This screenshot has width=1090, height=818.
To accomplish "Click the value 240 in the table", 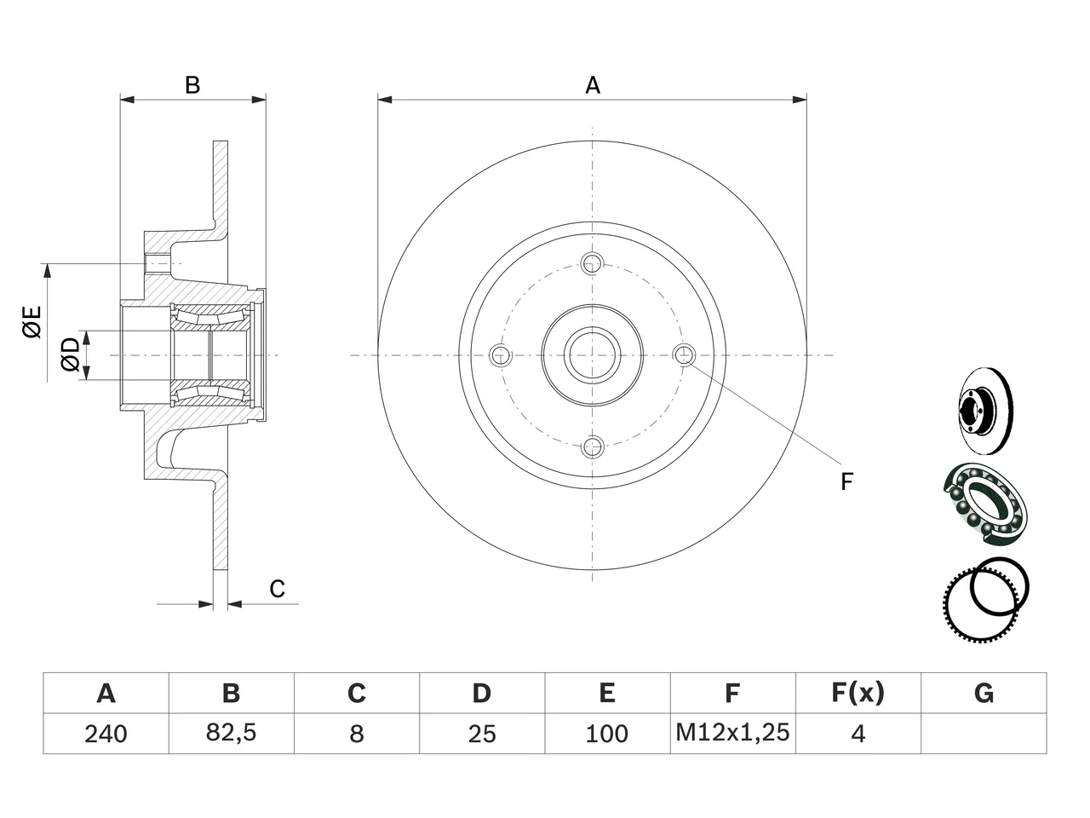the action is [106, 734].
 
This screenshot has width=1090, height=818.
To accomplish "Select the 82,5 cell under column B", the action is [231, 733].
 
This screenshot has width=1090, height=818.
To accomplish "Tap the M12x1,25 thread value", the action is [732, 732].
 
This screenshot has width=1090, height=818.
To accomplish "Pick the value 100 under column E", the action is [607, 734].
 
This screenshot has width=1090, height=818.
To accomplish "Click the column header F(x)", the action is [858, 693].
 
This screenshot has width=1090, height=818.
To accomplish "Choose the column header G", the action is [984, 693].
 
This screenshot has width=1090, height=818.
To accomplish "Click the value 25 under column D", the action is [482, 734].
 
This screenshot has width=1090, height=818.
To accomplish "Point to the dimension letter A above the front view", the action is [593, 85].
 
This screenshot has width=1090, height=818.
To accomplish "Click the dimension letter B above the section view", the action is [192, 85].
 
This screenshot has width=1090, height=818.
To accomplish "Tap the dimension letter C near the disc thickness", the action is [277, 589].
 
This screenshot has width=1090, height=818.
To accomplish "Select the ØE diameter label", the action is [32, 322].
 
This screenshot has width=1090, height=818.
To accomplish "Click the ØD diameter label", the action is [70, 354].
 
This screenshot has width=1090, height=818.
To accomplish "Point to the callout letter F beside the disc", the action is [846, 481].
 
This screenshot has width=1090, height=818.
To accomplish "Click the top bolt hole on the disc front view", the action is [592, 263].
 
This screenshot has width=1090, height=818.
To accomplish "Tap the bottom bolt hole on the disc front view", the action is [592, 446].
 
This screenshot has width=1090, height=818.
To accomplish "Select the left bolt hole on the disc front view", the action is [500, 354].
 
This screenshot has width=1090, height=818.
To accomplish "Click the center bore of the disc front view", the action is [592, 354].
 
